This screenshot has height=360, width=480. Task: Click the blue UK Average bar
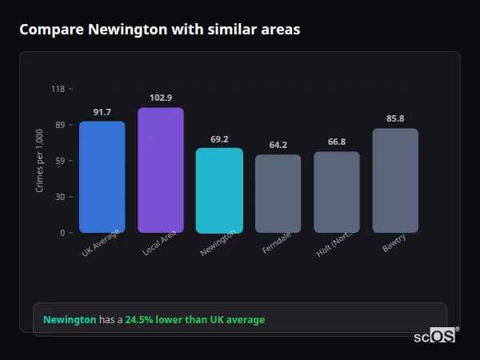point(102,177)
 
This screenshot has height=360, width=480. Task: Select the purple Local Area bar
point(160,170)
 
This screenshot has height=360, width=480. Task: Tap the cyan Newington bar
point(219,190)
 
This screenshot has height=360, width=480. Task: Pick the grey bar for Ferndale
point(278,194)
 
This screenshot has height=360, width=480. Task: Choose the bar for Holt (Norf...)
point(336,192)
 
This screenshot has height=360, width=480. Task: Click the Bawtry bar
point(395,181)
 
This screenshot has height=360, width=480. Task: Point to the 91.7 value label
point(102,112)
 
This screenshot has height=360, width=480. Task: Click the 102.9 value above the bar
point(160,98)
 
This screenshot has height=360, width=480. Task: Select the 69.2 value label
point(219,139)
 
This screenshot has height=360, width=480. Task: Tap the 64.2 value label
point(278,145)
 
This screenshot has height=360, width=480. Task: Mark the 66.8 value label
point(336,142)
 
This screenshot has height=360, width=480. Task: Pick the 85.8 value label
point(395,118)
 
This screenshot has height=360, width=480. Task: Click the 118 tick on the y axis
point(58,89)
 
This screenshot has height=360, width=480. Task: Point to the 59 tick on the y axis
point(61,161)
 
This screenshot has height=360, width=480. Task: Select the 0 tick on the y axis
point(63,233)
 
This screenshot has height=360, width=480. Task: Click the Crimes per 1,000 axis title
point(40,161)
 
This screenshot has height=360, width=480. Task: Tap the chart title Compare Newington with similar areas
point(160,30)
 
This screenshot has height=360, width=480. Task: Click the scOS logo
point(435,336)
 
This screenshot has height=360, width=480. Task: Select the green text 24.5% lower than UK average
point(194,320)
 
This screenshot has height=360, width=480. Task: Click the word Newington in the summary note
point(70,320)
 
